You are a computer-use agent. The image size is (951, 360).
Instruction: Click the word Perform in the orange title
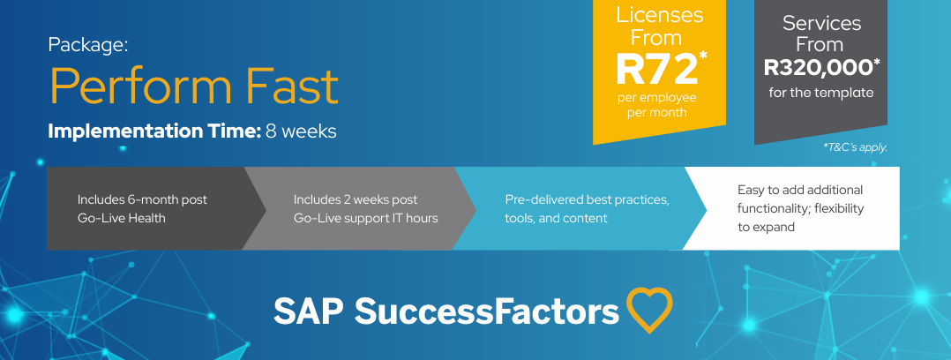tap(141, 86)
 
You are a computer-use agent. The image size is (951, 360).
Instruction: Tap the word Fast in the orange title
tap(293, 86)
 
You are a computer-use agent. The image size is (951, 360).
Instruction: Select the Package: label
tap(88, 46)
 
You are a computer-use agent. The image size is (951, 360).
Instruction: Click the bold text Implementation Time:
tap(154, 131)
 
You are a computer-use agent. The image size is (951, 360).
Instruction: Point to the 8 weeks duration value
tap(301, 131)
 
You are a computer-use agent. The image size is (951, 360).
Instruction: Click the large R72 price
tap(656, 69)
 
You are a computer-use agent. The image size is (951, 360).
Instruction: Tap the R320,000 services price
tap(818, 68)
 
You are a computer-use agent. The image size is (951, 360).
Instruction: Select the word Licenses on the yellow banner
tap(659, 15)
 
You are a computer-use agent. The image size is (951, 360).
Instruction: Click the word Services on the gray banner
tap(821, 23)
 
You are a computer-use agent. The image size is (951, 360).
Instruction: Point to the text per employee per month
tap(657, 104)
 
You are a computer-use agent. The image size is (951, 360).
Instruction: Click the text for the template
tap(821, 93)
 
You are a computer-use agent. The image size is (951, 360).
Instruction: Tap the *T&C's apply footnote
tap(855, 147)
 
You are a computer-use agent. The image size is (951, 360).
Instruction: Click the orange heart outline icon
tap(649, 309)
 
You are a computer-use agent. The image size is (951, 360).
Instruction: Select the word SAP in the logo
tap(310, 311)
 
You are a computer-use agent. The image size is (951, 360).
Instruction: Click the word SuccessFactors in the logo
tap(487, 311)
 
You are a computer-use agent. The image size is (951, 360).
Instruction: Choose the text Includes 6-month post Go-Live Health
tap(142, 208)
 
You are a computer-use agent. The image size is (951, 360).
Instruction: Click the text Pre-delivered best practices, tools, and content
tap(588, 208)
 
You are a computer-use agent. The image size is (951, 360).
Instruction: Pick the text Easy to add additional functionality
tap(801, 199)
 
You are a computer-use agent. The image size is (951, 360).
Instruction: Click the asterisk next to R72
tap(703, 56)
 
